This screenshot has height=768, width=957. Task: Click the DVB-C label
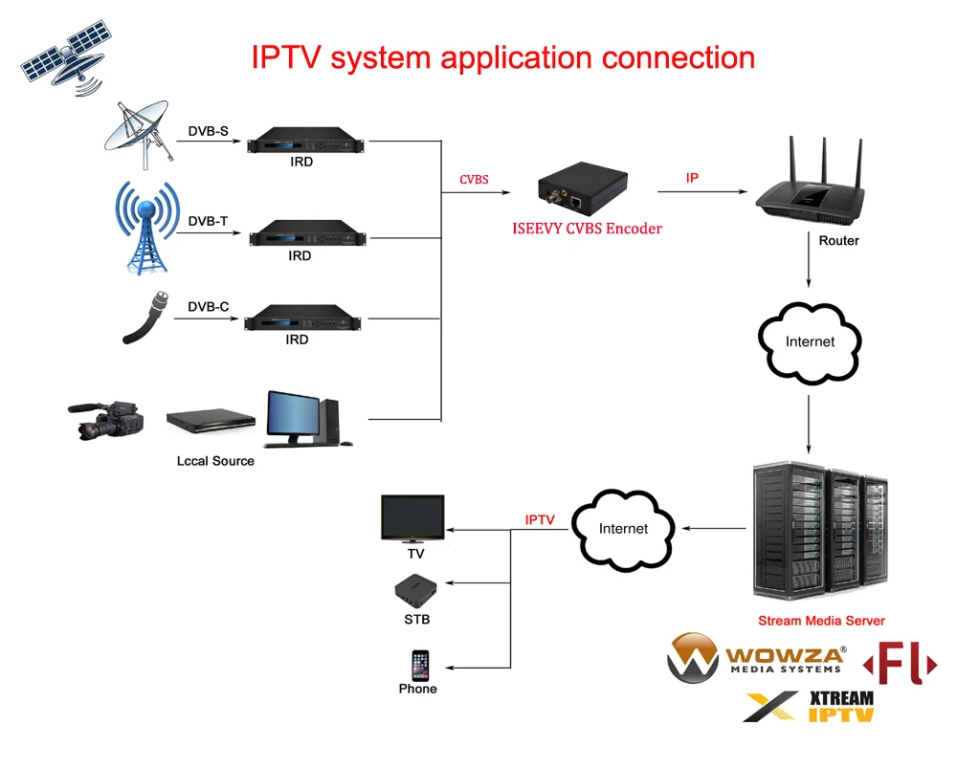click(x=208, y=307)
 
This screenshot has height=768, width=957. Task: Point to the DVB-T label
click(x=208, y=221)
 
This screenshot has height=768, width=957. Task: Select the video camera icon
click(x=106, y=420)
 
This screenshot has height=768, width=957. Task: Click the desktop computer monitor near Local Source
click(x=299, y=417)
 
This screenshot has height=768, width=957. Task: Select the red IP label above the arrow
click(x=692, y=178)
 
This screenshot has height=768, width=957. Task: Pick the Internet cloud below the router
click(x=810, y=341)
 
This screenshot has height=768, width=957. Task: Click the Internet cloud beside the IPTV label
click(x=623, y=528)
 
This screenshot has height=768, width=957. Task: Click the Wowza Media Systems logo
click(x=756, y=658)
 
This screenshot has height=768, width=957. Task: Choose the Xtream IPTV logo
click(x=810, y=706)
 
